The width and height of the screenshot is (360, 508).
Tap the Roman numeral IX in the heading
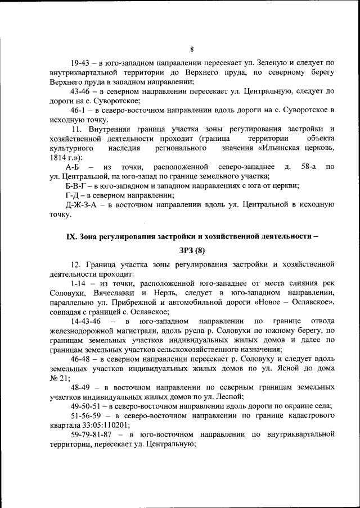(71, 236)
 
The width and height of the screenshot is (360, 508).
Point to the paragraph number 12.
(75, 264)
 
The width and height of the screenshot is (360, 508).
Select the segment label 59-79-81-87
(92, 434)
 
